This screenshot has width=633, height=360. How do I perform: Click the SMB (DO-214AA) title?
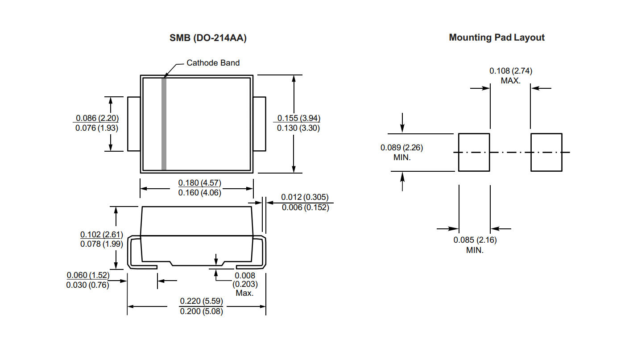tap(208, 38)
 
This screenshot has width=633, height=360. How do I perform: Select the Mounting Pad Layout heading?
tap(496, 37)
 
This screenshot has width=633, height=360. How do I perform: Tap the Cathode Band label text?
tap(213, 63)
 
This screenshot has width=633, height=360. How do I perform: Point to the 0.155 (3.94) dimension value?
tap(298, 118)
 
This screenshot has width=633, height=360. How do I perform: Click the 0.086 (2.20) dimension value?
tap(97, 118)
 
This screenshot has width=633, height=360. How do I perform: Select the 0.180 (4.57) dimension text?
tap(199, 183)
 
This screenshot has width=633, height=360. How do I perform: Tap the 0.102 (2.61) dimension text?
tap(101, 235)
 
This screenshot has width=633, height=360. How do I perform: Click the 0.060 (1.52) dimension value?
tap(87, 275)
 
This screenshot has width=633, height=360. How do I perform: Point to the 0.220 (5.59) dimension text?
tap(201, 301)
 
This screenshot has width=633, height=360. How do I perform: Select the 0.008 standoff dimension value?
tap(244, 276)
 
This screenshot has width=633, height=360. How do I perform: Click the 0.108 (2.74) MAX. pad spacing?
tap(510, 71)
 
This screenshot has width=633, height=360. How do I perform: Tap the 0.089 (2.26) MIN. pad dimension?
tap(401, 148)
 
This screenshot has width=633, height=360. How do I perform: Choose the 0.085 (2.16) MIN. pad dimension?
tap(475, 240)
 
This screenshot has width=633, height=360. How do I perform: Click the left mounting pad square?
tap(474, 152)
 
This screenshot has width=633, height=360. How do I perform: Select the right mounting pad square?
tap(546, 152)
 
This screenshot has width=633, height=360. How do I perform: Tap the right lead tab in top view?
tap(260, 124)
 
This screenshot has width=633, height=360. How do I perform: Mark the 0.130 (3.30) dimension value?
tap(298, 128)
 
